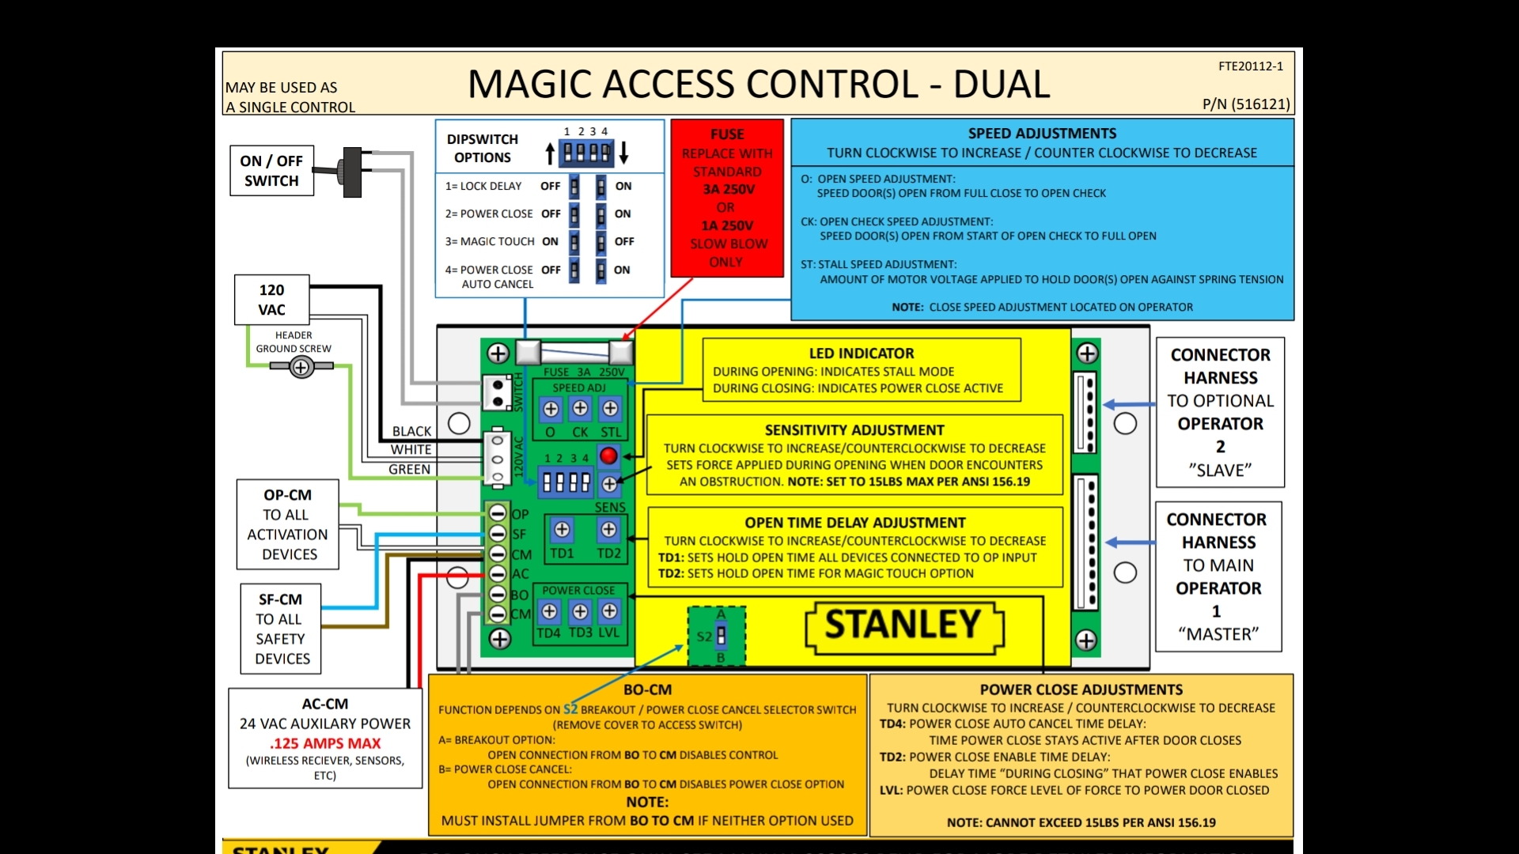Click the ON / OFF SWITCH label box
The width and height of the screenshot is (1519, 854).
tap(271, 171)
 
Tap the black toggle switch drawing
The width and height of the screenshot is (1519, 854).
tap(350, 172)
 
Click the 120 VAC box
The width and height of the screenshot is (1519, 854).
tap(271, 300)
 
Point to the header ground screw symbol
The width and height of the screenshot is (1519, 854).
tap(301, 367)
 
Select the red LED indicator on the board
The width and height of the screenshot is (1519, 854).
tap(608, 455)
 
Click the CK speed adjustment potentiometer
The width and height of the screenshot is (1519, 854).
tap(580, 408)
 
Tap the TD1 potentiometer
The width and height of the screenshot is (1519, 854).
tap(562, 530)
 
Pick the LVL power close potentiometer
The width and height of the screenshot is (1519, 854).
tap(609, 610)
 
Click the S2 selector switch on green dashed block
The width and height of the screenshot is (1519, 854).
tap(721, 636)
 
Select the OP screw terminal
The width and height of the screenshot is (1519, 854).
tap(498, 513)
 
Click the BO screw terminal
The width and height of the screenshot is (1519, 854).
tap(498, 594)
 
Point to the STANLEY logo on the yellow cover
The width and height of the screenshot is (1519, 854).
tap(903, 626)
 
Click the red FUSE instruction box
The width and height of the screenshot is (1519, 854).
tap(727, 198)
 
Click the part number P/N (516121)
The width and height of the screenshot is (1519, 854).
tap(1246, 104)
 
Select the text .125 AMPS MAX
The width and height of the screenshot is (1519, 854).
tap(325, 743)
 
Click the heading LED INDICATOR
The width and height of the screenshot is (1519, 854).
tap(861, 353)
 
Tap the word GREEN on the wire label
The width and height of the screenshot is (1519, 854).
tap(409, 469)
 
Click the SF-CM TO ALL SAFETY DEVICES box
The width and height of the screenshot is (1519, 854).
tap(281, 629)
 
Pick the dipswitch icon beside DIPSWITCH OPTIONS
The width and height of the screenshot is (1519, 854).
tap(586, 152)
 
